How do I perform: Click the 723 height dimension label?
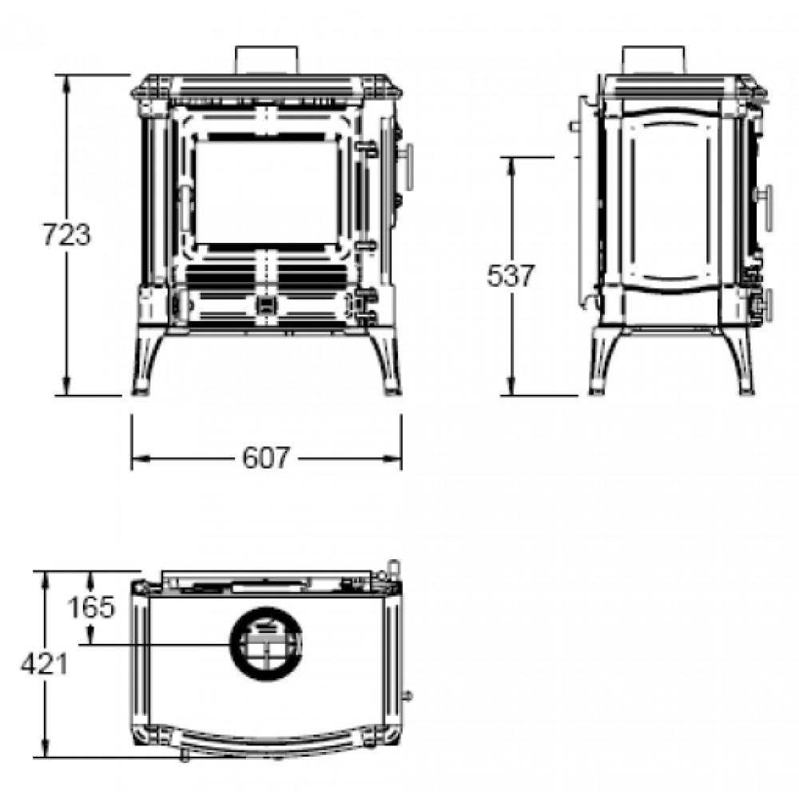(66, 234)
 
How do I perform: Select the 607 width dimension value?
(266, 458)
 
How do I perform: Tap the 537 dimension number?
(511, 276)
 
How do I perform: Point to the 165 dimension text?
(92, 607)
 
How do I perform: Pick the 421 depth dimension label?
(44, 664)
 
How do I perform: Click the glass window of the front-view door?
(267, 193)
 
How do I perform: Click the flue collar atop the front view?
(266, 60)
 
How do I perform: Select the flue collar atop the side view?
(654, 60)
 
